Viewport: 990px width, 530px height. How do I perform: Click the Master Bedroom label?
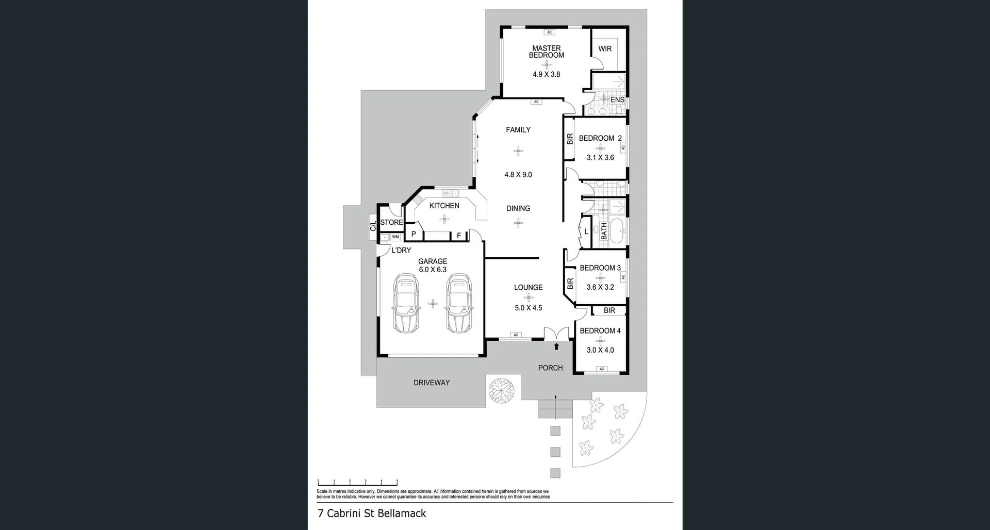[546, 52]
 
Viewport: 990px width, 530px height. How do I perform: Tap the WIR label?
[605, 49]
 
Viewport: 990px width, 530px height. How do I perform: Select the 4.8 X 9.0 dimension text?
[518, 175]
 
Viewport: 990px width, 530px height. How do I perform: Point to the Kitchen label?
[444, 206]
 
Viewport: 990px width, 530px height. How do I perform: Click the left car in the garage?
[406, 303]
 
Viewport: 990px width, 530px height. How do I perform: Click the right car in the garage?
[459, 303]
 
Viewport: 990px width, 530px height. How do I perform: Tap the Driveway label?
[431, 383]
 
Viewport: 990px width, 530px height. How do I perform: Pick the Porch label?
[550, 368]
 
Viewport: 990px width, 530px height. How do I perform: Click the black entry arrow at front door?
[556, 346]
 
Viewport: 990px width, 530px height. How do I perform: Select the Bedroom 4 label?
[600, 331]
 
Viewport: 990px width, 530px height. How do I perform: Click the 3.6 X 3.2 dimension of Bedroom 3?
[600, 287]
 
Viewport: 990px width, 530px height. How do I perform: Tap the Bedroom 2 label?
[600, 138]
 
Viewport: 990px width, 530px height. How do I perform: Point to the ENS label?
[617, 100]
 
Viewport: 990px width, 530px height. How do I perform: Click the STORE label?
[391, 223]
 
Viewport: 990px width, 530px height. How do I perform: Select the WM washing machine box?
[395, 237]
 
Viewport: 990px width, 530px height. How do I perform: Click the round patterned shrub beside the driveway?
[501, 390]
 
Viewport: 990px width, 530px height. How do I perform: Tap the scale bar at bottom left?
[357, 483]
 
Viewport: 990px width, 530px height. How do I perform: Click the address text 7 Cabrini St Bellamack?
[372, 514]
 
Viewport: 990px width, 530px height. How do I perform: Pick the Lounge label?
[528, 288]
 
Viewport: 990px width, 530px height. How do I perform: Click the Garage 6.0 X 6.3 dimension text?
[433, 270]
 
